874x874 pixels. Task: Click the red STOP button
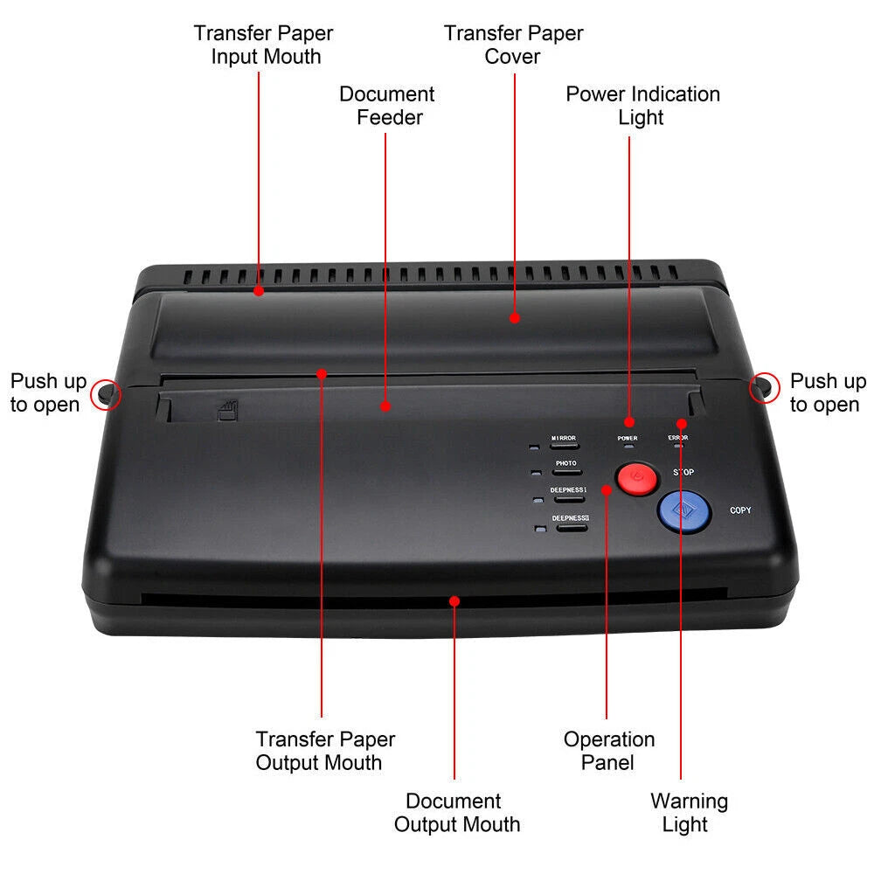[637, 478]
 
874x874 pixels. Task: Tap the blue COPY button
[684, 511]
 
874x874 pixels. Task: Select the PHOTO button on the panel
[567, 472]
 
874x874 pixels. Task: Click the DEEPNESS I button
[569, 499]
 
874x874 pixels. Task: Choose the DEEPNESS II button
[572, 527]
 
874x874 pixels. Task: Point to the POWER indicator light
[629, 446]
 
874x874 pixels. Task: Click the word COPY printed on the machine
[740, 510]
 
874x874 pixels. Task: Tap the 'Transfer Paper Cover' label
[513, 45]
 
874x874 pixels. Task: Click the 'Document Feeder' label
[387, 106]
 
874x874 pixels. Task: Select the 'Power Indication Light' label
[642, 106]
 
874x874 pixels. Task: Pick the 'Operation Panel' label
[608, 751]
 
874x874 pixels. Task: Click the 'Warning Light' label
[689, 813]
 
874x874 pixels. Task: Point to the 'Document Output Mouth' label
[456, 813]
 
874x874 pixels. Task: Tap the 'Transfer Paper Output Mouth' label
[325, 751]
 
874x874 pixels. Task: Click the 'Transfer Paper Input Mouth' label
[263, 45]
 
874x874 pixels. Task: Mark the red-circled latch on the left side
[107, 393]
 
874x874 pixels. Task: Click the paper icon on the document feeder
[227, 411]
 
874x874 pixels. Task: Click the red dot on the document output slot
[454, 601]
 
